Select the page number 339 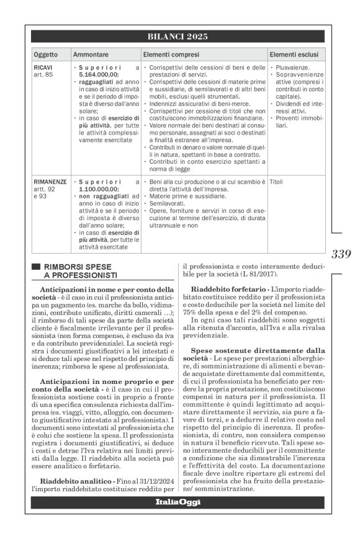[341, 254]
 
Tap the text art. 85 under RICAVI [43, 74]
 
